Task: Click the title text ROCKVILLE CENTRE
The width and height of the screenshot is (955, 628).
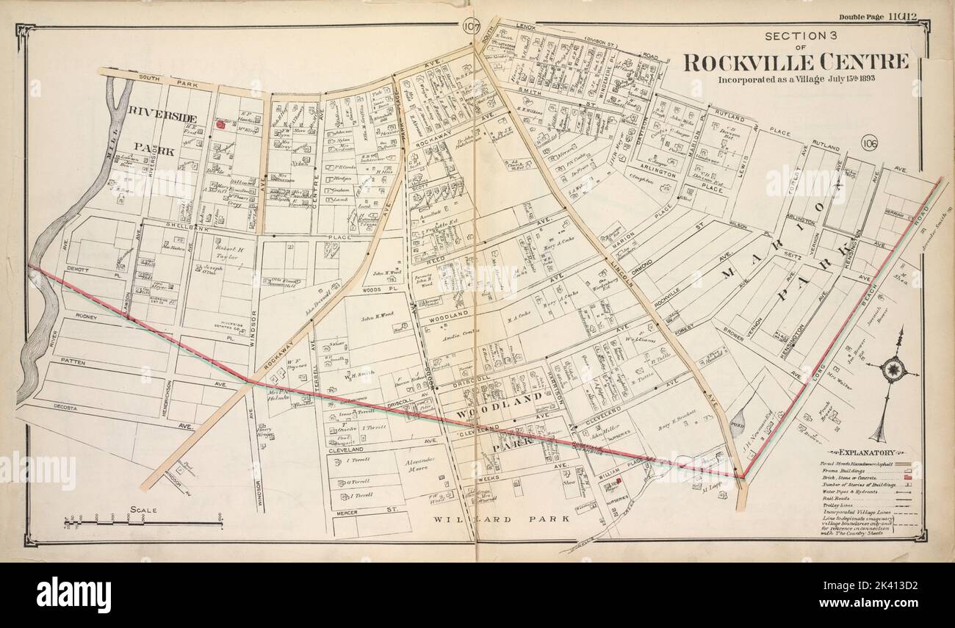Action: [796, 62]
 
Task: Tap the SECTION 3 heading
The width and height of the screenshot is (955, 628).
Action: [796, 36]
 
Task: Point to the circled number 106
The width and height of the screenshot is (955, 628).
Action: [870, 142]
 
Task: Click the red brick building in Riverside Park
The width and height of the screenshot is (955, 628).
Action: [219, 125]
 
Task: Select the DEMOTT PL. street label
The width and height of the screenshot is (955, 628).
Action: [88, 270]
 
